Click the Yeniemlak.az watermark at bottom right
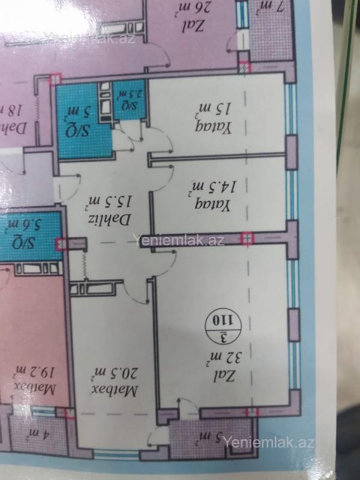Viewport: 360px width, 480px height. coord(269,442)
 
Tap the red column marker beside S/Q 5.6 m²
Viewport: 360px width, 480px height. coord(61,244)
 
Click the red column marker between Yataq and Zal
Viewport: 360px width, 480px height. coord(247,238)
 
